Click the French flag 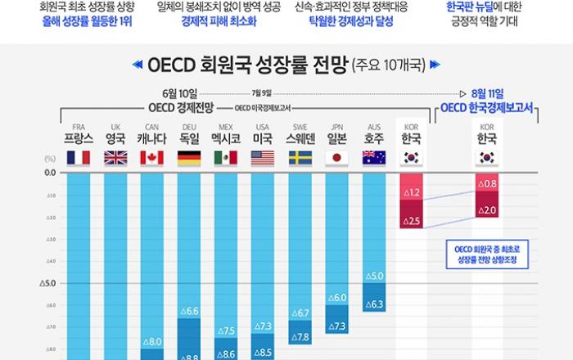click(79, 158)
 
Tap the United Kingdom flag click(115, 158)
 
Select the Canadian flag click(152, 158)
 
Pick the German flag click(189, 158)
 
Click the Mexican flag click(226, 158)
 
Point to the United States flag click(263, 158)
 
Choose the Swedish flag click(300, 158)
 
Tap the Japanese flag click(336, 158)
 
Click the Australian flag click(373, 158)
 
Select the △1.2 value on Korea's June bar click(411, 193)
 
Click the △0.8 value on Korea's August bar click(489, 185)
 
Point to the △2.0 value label click(489, 210)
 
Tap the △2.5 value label click(411, 221)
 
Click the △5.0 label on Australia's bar click(374, 276)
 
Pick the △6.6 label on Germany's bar click(189, 311)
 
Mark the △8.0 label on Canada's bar click(152, 342)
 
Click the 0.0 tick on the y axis click(49, 173)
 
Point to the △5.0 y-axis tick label click(47, 284)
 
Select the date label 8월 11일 click(488, 94)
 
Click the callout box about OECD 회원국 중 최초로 click(488, 255)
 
